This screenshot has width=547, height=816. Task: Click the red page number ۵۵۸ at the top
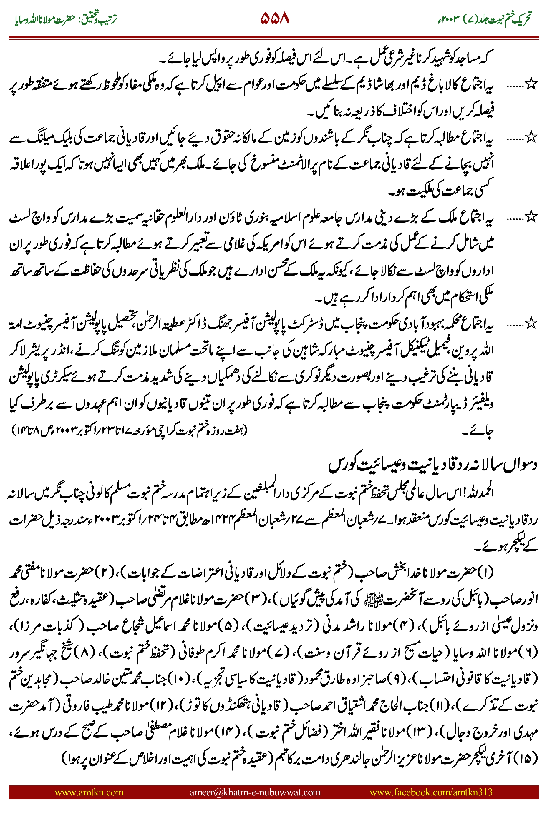(275, 18)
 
